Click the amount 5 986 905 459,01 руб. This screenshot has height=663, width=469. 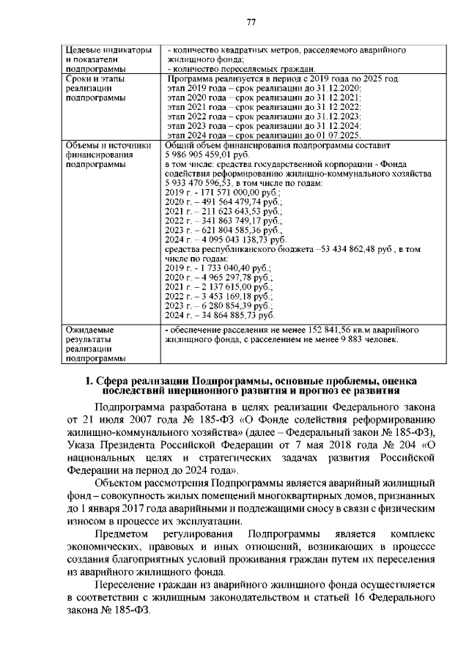click(204, 156)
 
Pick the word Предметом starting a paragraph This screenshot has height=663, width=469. click(121, 534)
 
